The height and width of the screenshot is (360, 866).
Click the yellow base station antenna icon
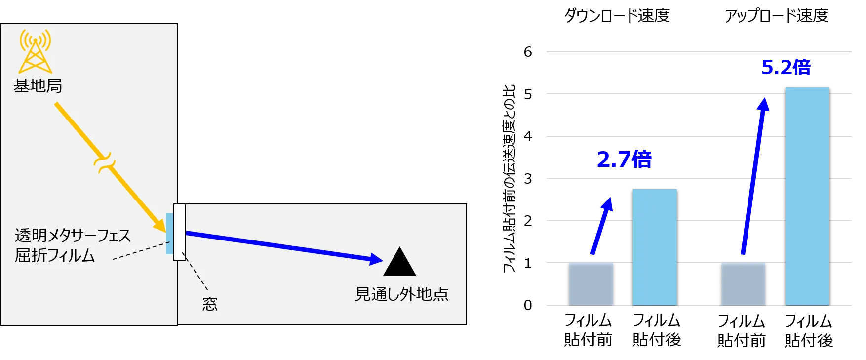tap(35, 51)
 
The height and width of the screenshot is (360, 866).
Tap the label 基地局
tap(38, 86)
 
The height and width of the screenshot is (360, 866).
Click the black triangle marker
tap(399, 261)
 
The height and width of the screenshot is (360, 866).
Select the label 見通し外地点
tap(402, 294)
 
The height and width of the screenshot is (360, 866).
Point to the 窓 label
tap(210, 303)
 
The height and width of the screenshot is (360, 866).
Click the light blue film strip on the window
tap(169, 234)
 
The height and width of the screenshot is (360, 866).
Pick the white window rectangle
tap(180, 232)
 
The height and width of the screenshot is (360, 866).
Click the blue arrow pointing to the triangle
tap(284, 246)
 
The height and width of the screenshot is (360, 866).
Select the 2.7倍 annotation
tap(624, 160)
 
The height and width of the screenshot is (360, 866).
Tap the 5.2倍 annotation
tap(786, 67)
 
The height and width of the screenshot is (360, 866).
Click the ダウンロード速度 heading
tap(617, 16)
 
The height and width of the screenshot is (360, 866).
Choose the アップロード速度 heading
tap(777, 16)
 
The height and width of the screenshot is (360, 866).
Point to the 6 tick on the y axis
tap(528, 52)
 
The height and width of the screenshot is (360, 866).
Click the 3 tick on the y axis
tap(528, 178)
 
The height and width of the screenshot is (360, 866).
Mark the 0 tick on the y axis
tap(528, 305)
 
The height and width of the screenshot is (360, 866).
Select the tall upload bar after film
tap(807, 197)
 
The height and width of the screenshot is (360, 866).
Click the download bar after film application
tap(655, 247)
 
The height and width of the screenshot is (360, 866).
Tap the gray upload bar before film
tap(743, 284)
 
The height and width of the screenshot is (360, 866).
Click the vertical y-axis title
tap(509, 178)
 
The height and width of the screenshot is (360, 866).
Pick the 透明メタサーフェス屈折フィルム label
tap(73, 245)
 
